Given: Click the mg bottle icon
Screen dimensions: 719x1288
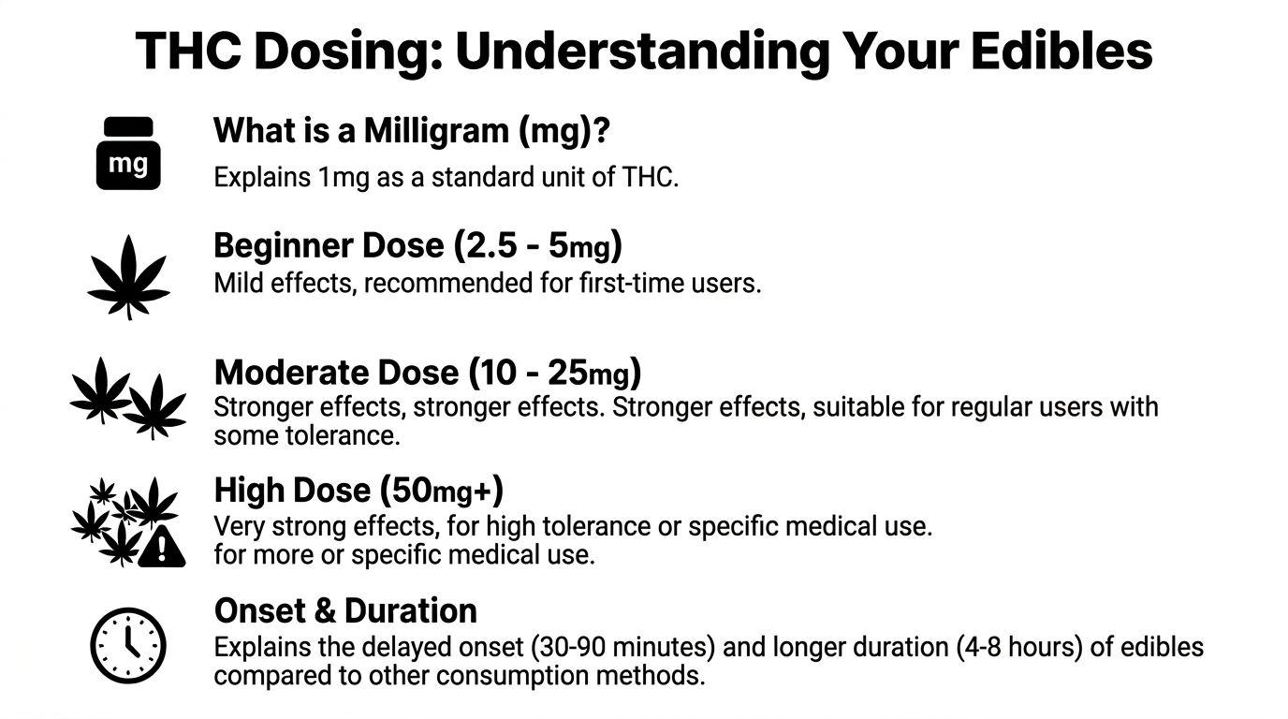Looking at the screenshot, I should [x=128, y=154].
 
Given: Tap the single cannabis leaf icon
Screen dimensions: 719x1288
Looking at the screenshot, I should [x=128, y=276].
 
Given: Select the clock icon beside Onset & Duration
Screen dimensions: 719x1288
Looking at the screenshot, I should [x=128, y=645].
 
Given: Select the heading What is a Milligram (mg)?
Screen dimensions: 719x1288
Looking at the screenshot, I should [x=412, y=131].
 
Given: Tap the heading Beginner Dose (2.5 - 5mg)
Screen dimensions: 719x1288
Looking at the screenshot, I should [x=418, y=246].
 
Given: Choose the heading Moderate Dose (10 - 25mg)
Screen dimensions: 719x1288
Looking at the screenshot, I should [x=428, y=373].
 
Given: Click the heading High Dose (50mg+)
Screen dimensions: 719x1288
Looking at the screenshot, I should [x=359, y=490].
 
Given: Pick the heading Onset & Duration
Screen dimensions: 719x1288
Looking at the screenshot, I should [x=345, y=610].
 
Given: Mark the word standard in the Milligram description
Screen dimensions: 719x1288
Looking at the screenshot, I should [x=478, y=178].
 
